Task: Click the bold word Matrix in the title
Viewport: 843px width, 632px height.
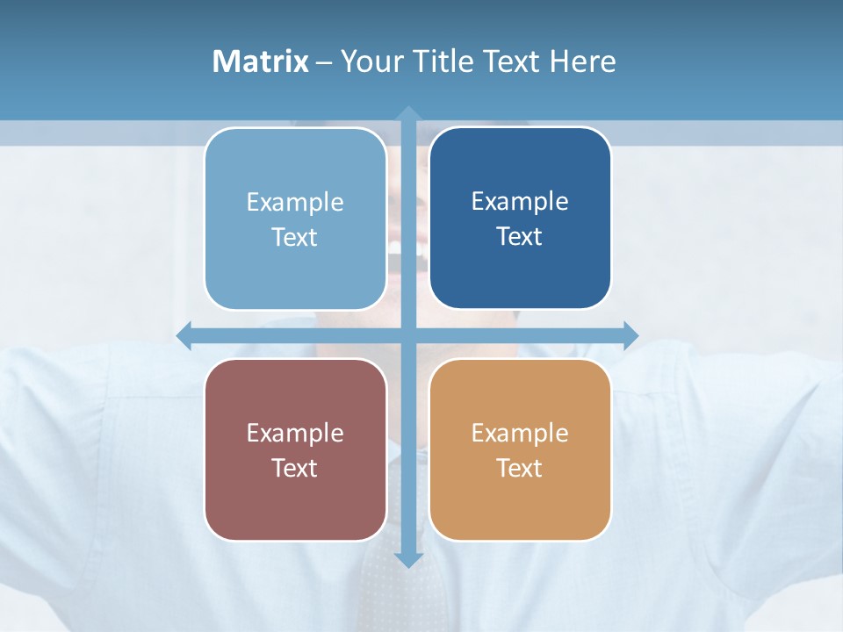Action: (x=261, y=61)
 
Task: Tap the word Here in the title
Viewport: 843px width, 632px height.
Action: (x=582, y=61)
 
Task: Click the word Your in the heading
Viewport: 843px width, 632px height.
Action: (x=369, y=61)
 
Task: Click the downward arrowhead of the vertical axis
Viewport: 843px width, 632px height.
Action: (x=407, y=559)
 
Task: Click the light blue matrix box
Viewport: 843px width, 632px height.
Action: (x=295, y=219)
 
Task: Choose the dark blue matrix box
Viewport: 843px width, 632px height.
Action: (x=520, y=219)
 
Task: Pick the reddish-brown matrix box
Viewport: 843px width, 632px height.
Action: (x=295, y=449)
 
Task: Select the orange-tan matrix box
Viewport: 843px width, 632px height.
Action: (x=520, y=449)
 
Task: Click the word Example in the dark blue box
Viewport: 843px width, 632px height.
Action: (x=520, y=202)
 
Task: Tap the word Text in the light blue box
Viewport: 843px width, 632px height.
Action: (x=295, y=237)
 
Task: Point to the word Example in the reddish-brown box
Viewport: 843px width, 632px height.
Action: (x=295, y=433)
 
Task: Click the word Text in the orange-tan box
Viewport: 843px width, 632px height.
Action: (x=520, y=468)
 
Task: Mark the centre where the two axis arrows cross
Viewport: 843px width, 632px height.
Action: (x=407, y=335)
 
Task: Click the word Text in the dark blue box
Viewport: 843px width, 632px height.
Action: (x=520, y=237)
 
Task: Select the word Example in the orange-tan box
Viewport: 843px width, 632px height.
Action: (x=520, y=433)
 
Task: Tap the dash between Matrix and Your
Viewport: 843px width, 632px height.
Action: (x=324, y=62)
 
